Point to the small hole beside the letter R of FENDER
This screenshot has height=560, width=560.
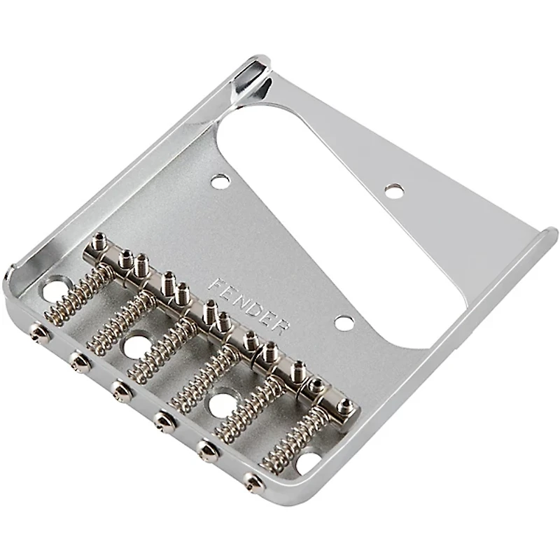pos(342,322)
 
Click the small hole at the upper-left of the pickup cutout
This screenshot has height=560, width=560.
pos(220,182)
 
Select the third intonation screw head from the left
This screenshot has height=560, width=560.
pos(120,386)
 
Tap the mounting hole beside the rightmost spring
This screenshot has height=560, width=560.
pos(306,463)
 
